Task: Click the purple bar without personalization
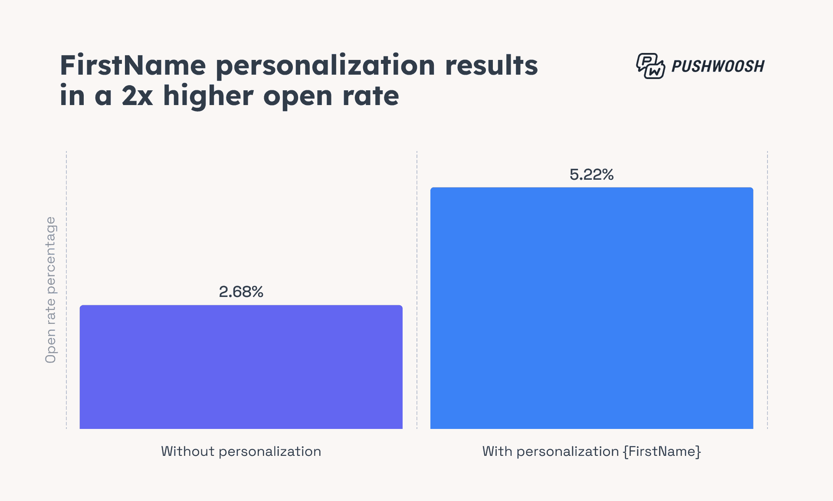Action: [241, 367]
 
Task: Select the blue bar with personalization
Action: [591, 308]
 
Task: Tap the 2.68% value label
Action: [241, 292]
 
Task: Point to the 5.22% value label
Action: [591, 175]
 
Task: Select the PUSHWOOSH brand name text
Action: [718, 66]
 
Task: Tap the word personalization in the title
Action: [325, 66]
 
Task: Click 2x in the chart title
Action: [137, 96]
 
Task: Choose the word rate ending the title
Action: [371, 96]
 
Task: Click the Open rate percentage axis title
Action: [51, 290]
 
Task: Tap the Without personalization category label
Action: [241, 452]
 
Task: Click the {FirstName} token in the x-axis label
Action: [662, 452]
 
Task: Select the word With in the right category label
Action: [497, 452]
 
